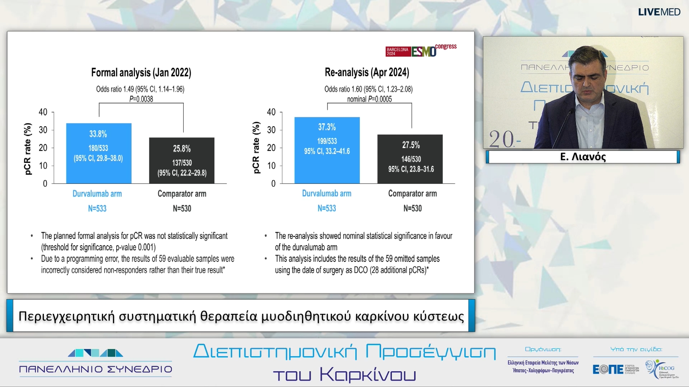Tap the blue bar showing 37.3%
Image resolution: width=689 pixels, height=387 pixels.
pos(327,150)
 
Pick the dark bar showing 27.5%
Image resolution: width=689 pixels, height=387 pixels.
pos(410,159)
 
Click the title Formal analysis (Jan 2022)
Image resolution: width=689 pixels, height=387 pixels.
pos(141,73)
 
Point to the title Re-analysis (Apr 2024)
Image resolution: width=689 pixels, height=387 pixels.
pos(367,72)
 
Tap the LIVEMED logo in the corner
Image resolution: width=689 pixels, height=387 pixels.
pos(659,12)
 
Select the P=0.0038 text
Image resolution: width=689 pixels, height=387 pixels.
pos(141,99)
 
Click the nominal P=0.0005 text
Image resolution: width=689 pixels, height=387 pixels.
pos(369,99)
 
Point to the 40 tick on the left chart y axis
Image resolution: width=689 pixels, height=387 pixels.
pos(43,112)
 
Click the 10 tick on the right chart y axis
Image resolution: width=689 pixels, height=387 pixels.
pos(271,166)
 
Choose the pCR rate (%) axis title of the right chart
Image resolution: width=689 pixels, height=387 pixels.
pos(256,148)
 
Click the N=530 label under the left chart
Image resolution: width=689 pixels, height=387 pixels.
pos(182,209)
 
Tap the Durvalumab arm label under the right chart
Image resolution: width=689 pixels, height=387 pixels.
pos(327,193)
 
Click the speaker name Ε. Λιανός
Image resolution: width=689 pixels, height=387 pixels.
pos(583,157)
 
